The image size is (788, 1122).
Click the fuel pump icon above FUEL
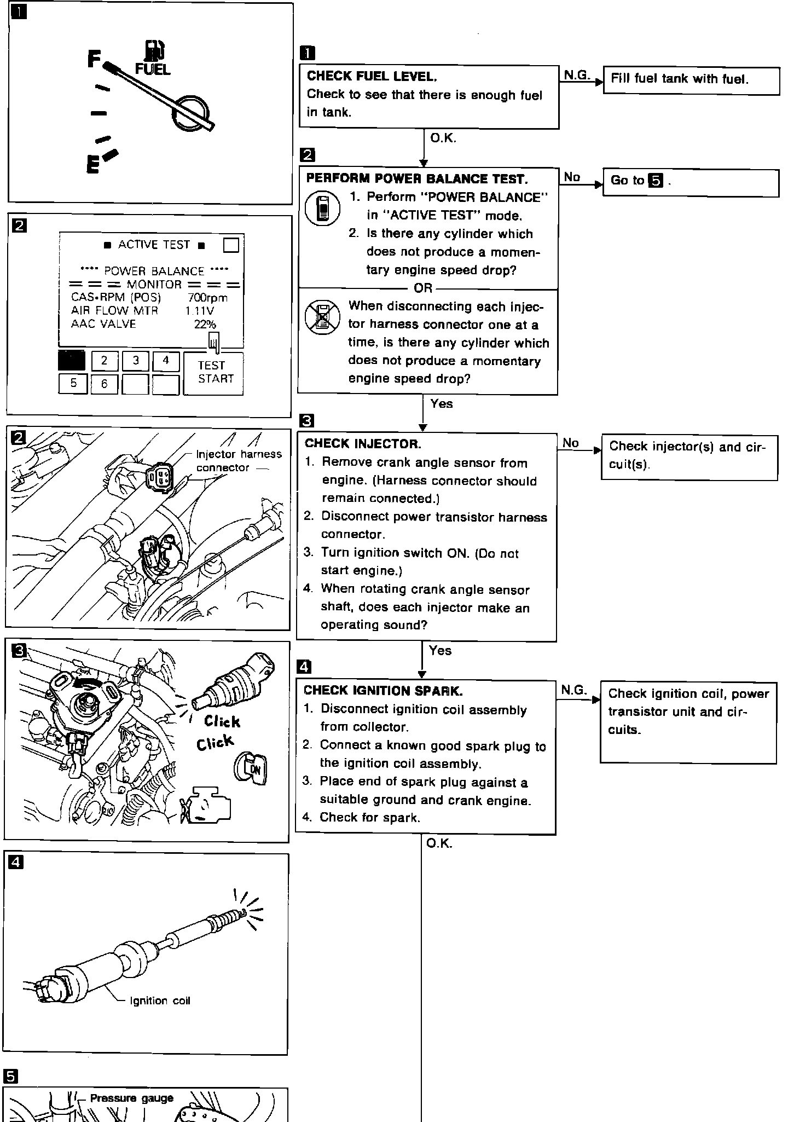[x=154, y=50]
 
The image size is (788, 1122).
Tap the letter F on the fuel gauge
[x=94, y=59]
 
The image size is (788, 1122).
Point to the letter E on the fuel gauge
[x=93, y=164]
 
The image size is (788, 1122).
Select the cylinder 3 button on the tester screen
[x=136, y=361]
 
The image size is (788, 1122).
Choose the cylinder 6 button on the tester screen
[x=104, y=384]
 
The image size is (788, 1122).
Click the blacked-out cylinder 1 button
[x=72, y=361]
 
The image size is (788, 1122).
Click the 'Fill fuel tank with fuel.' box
[x=691, y=80]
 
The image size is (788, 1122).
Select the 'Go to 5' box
[x=690, y=182]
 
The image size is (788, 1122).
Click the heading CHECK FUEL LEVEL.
[x=372, y=77]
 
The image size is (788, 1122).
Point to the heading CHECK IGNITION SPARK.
[x=383, y=691]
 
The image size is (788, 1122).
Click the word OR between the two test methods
[x=423, y=288]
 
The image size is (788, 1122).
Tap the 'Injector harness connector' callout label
[x=238, y=461]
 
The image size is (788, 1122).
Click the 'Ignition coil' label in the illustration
[x=160, y=1000]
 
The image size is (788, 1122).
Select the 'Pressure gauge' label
[x=131, y=1098]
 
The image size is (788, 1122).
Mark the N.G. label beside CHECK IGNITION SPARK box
[x=573, y=691]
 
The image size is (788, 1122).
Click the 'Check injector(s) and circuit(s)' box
[x=688, y=456]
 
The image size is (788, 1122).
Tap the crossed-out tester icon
[x=322, y=317]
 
